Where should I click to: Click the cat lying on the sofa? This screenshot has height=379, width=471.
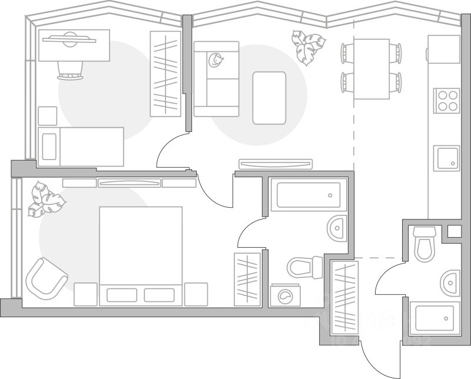(x=215, y=59)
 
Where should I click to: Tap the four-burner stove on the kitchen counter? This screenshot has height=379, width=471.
(x=446, y=100)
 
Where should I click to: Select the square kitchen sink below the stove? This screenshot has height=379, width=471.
(x=446, y=158)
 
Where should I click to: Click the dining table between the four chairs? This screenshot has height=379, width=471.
(x=371, y=69)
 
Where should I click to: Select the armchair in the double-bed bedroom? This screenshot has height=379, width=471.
(x=47, y=278)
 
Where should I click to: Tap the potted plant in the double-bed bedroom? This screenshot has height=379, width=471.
(x=46, y=200)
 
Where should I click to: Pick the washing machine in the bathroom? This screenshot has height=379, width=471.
(x=284, y=295)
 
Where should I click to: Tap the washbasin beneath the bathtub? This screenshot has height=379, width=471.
(x=337, y=228)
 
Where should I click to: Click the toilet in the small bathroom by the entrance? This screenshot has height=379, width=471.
(x=424, y=244)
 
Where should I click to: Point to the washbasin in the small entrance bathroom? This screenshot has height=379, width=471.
(x=450, y=283)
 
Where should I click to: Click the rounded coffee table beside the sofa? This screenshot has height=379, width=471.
(x=269, y=98)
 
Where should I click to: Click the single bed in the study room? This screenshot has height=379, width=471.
(x=81, y=147)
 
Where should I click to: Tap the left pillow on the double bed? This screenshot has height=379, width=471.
(x=122, y=295)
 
